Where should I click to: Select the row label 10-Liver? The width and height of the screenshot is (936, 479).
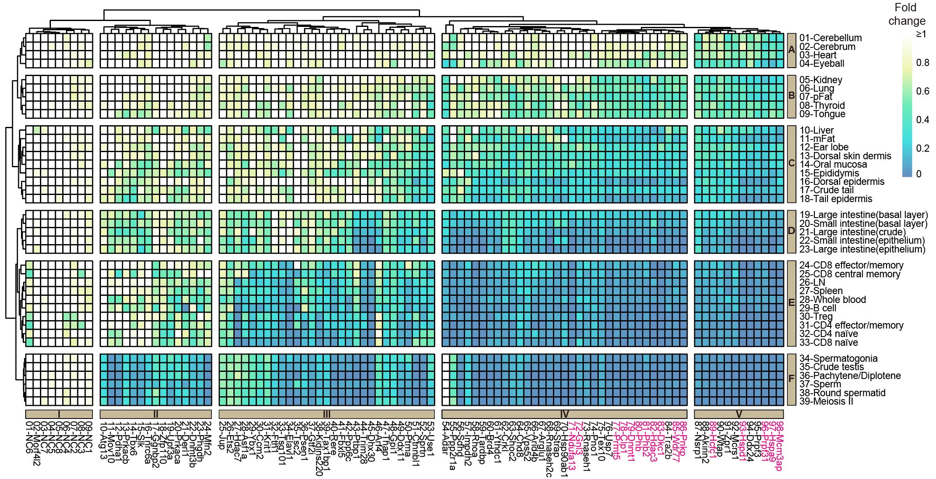pyautogui.click(x=817, y=130)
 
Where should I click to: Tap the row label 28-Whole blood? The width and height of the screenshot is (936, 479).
pyautogui.click(x=833, y=300)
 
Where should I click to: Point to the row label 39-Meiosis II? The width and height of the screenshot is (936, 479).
pyautogui.click(x=826, y=401)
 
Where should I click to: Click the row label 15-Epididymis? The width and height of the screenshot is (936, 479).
pyautogui.click(x=829, y=173)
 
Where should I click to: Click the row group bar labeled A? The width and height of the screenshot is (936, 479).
pyautogui.click(x=792, y=50)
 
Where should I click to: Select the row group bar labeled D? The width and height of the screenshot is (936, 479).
pyautogui.click(x=792, y=231)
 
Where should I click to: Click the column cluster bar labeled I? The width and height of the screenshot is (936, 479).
pyautogui.click(x=59, y=414)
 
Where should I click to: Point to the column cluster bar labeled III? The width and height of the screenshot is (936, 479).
pyautogui.click(x=326, y=414)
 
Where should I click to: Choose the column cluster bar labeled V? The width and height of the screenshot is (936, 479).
pyautogui.click(x=739, y=414)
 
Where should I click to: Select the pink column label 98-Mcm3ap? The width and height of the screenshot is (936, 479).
pyautogui.click(x=779, y=445)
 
